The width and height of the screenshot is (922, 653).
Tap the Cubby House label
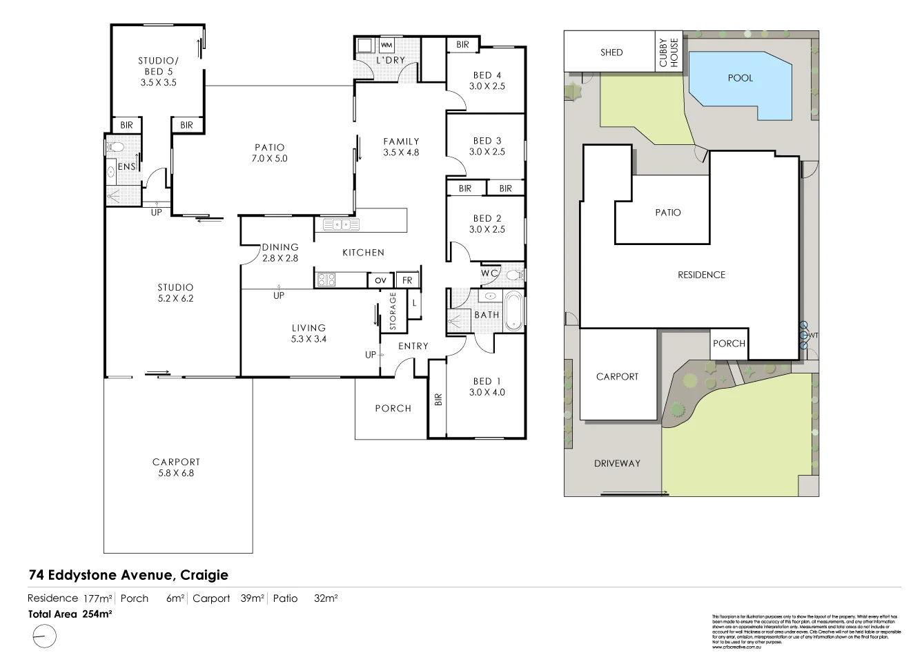coord(669,52)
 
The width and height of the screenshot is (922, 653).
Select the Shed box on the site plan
coord(611,52)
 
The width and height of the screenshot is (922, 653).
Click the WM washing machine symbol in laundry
coord(386,45)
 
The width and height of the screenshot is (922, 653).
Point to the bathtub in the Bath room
coord(513,311)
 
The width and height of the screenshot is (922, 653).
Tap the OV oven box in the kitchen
coord(380,280)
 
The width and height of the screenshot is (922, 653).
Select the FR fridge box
coord(407,280)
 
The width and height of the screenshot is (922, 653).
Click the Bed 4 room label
coord(487,81)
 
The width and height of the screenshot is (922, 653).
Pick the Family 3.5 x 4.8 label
coord(401,147)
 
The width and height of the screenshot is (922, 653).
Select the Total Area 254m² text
coord(70,613)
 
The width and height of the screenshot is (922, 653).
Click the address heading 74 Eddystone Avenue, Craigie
coord(128,574)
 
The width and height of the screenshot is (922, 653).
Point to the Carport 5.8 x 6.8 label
coord(177,467)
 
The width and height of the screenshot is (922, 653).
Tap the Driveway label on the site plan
coord(617,463)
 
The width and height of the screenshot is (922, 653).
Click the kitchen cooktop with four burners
coord(325,280)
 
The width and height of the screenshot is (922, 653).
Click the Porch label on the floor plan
coord(393,408)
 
